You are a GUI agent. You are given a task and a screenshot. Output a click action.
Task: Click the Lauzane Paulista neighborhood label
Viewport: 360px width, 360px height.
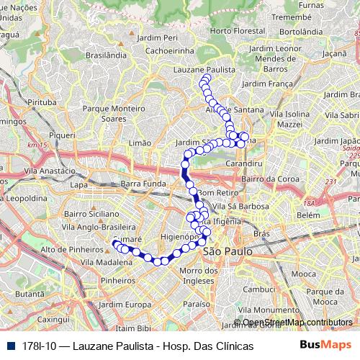[x=205, y=69]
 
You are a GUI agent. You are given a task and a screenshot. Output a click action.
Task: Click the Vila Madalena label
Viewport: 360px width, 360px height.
[x=107, y=264]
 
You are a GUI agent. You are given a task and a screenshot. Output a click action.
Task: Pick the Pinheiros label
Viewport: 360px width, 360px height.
[x=118, y=280]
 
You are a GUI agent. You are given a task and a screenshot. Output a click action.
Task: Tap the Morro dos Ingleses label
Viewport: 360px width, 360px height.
[x=197, y=275]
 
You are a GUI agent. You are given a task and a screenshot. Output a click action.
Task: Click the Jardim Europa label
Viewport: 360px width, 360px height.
[x=126, y=305]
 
